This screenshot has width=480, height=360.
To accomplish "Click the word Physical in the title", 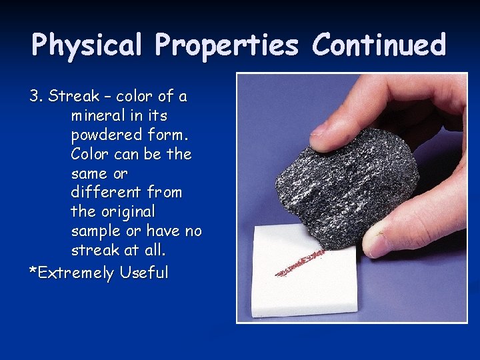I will pos(87,46).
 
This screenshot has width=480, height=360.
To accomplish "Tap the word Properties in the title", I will pos(227,46).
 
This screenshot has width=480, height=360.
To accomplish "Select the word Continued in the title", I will pos(379,45).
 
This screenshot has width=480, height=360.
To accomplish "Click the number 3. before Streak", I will pos(36,96).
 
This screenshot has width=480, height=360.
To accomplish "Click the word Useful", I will pos(144,272).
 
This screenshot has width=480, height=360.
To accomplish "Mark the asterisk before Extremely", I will pos(31,270).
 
